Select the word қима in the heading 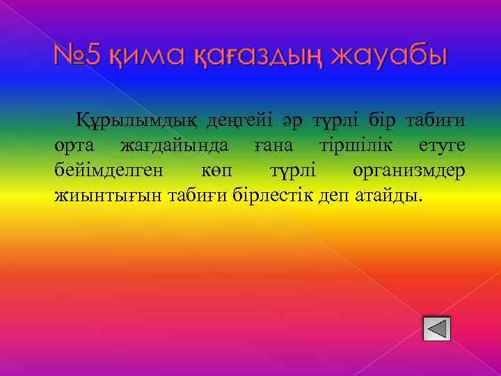pyautogui.click(x=136, y=57)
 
